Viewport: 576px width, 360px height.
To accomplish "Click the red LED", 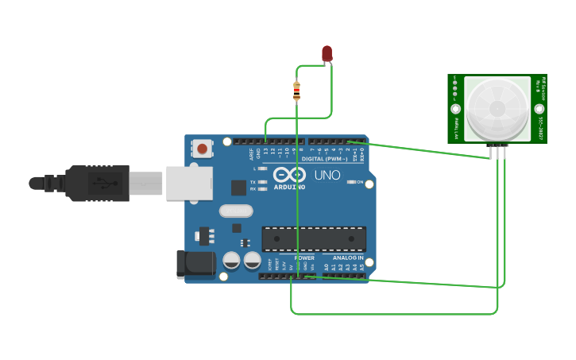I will (327, 53).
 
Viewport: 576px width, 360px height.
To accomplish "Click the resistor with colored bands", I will (296, 91).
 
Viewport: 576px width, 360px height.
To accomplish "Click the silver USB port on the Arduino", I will (189, 183).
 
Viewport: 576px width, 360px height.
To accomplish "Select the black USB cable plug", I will (95, 184).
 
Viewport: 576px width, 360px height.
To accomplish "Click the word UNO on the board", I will (327, 175).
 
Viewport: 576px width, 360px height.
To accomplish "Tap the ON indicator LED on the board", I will (353, 182).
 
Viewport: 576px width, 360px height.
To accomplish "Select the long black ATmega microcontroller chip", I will (314, 238).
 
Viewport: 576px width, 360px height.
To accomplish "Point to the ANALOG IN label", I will (348, 258).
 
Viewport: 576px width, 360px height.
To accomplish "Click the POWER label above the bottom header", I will (304, 258).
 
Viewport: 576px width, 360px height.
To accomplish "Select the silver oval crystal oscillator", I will (236, 211).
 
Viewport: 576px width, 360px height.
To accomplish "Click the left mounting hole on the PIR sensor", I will (456, 109).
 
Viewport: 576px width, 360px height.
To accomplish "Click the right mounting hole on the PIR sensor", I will (539, 109).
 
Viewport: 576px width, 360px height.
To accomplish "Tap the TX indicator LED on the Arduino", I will (262, 182).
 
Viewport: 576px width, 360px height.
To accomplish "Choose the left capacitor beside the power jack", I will (231, 260).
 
